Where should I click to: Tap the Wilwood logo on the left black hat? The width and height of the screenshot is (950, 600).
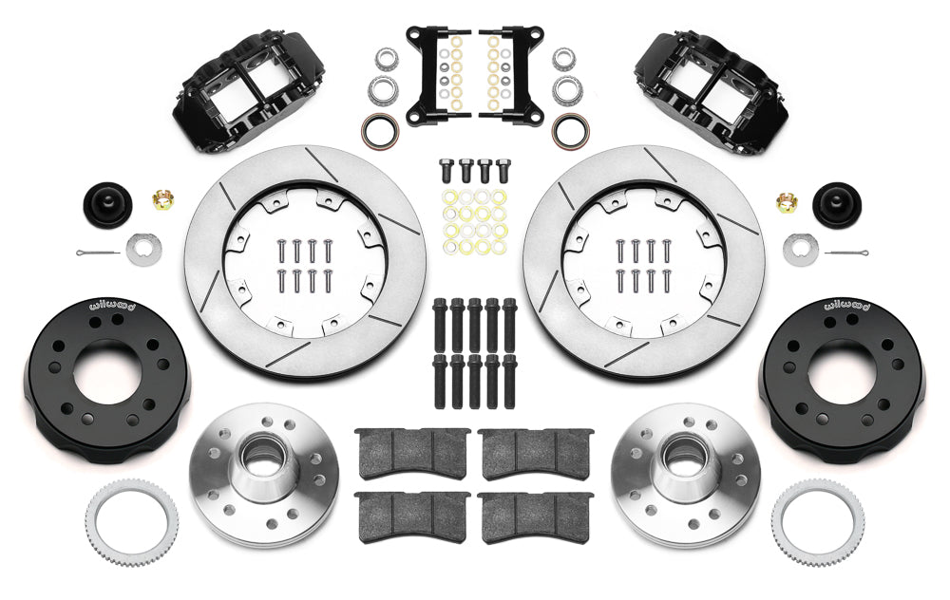pos(113,305)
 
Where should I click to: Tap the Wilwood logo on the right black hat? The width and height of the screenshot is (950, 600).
pos(846,305)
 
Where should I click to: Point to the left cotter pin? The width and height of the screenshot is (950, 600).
pos(98,252)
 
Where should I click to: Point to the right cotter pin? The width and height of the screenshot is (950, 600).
pos(846,252)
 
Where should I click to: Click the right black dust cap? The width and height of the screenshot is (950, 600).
pos(837,205)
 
